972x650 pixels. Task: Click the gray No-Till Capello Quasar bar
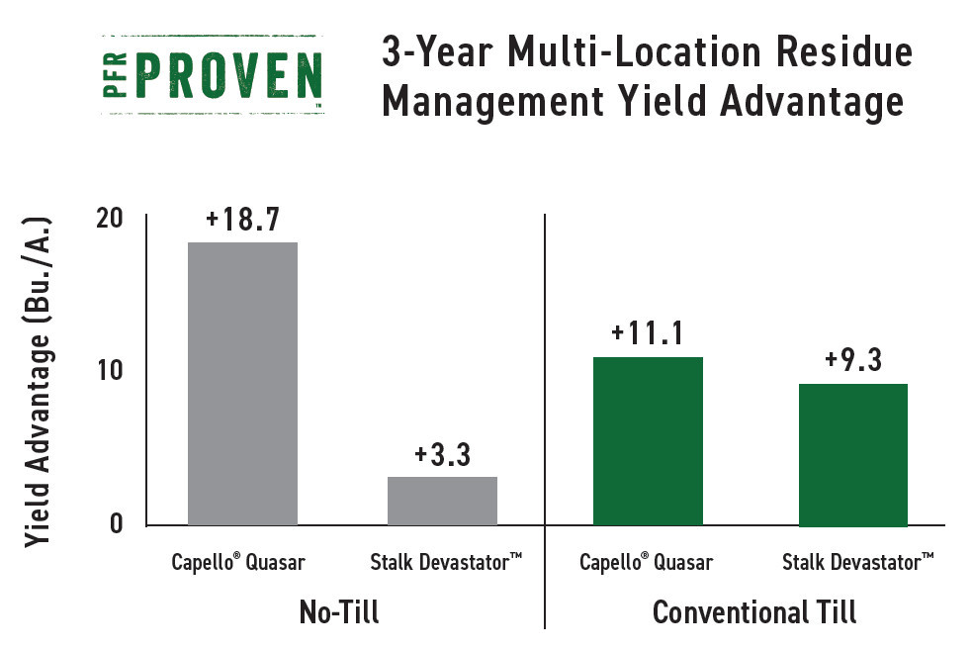[x=242, y=384]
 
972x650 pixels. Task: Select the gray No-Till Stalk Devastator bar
[x=442, y=502]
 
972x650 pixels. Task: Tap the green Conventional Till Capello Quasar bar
[x=648, y=441]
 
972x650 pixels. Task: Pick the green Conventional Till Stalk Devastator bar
[x=853, y=455]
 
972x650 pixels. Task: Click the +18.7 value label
[x=243, y=220]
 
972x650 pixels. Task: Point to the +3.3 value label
[x=443, y=455]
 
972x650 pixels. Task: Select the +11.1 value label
[x=648, y=333]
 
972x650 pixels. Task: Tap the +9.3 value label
[x=853, y=360]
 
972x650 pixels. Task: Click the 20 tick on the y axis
[x=110, y=219]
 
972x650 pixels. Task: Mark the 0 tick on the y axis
[x=117, y=523]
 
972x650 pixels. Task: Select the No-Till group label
[x=339, y=612]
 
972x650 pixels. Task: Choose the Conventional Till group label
[x=754, y=612]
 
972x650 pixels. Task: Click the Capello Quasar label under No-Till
[x=238, y=562]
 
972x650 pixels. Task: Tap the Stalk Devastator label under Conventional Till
[x=858, y=562]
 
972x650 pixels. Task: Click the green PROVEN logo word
[x=228, y=75]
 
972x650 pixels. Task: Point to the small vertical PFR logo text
[x=115, y=75]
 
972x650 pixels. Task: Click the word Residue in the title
[x=844, y=51]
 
